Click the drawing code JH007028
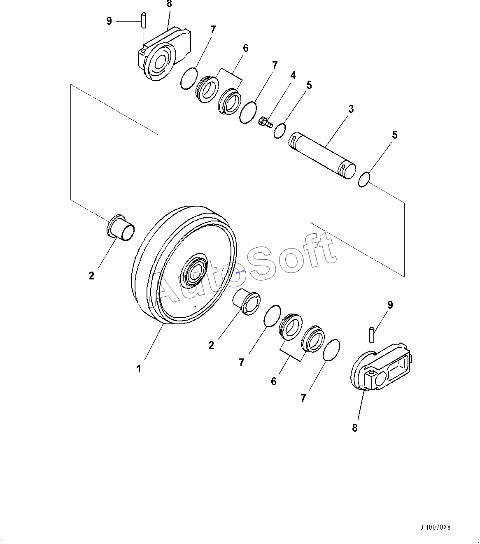coord(435,527)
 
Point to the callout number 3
coord(351,109)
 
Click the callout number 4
coord(293,75)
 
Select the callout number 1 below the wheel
coord(139,369)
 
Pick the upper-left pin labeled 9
coord(144,20)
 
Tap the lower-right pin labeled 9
coord(372,335)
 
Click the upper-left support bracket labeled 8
coord(164,54)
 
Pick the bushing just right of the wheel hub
coord(247,302)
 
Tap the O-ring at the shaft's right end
coord(364,180)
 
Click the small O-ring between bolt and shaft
coord(280,131)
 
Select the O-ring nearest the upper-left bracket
coord(189,79)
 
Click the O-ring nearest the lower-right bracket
coord(331,350)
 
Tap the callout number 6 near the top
coord(245,48)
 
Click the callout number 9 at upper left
coord(109,21)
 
